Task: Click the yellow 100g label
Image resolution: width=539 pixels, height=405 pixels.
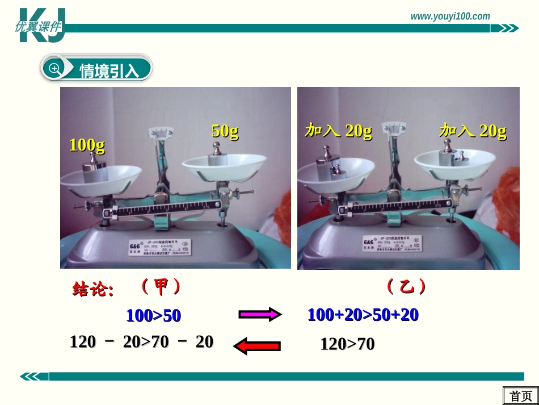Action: [x=87, y=145]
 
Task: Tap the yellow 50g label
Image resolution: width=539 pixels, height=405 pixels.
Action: [x=225, y=131]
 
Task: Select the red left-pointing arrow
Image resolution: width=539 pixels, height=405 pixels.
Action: [x=257, y=345]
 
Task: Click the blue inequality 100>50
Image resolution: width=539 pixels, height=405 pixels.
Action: [x=153, y=316]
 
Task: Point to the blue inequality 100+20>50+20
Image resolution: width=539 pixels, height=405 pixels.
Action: [x=363, y=315]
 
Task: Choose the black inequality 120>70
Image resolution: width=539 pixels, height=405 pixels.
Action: [x=347, y=344]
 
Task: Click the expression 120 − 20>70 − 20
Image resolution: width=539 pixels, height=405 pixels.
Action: [x=141, y=342]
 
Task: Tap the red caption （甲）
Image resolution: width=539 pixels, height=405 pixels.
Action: [x=161, y=287]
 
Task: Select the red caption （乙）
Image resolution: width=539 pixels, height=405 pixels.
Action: [x=406, y=287]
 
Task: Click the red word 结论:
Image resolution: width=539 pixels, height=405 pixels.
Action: [x=93, y=290]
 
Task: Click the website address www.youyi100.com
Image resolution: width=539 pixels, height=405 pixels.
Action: [x=450, y=16]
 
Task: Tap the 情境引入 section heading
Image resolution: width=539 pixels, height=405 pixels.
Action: [x=109, y=70]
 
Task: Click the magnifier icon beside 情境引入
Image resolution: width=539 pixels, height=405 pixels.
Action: [x=54, y=69]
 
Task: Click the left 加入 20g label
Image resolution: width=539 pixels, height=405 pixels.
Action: [x=338, y=131]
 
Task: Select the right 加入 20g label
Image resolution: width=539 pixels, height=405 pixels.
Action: [x=473, y=131]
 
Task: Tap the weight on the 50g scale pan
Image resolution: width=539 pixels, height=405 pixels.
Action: [x=216, y=155]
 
